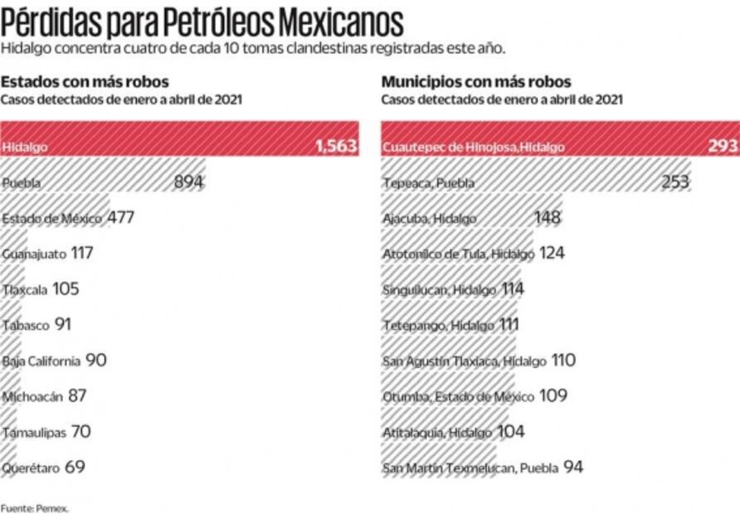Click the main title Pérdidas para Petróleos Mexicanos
(202, 20)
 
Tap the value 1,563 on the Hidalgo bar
(335, 147)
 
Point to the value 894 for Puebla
(189, 182)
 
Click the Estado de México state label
(51, 218)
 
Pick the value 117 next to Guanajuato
(82, 254)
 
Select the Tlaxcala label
(24, 289)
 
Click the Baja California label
(41, 361)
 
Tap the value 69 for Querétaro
(75, 468)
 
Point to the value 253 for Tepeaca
(675, 182)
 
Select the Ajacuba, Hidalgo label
(430, 218)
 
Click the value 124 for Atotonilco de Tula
(552, 254)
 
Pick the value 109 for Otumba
(553, 396)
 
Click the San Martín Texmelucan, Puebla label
(470, 468)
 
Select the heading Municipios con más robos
(475, 82)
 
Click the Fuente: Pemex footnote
(22, 507)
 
